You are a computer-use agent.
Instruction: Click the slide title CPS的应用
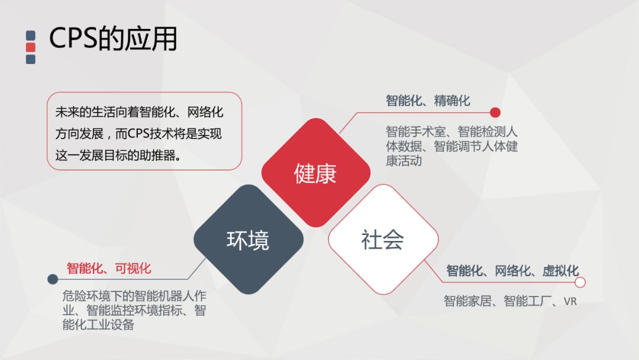pos(112,39)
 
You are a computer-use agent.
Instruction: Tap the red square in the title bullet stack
pos(31,47)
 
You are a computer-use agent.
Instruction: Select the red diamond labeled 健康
pos(315,173)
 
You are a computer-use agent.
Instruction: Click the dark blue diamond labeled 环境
pos(248,240)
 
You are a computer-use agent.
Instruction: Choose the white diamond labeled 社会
pos(383,240)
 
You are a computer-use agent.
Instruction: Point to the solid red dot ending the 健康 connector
pos(495,112)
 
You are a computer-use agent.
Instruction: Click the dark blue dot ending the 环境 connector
pos(53,279)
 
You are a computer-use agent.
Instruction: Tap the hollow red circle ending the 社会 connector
pos(580,282)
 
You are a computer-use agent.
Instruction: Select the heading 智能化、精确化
pos(428,101)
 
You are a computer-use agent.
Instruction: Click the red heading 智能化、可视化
pos(109,269)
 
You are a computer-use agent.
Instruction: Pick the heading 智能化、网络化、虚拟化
pos(512,271)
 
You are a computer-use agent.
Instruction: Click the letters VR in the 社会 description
pos(570,301)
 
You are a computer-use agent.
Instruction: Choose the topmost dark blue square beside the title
pos(31,36)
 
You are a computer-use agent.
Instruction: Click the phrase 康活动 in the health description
pos(404,160)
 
